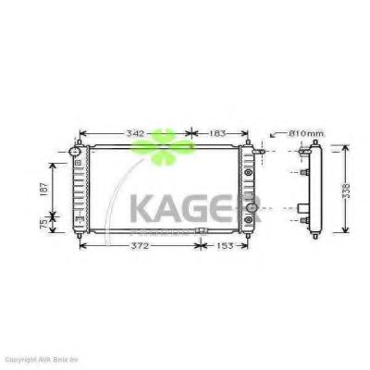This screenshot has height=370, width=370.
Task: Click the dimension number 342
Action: click(x=135, y=133)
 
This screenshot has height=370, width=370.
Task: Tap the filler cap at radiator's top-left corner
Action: click(x=76, y=151)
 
